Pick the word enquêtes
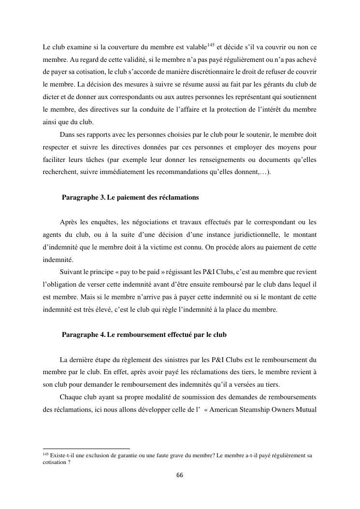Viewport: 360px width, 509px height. click(x=105, y=222)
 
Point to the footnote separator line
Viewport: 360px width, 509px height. click(x=86, y=449)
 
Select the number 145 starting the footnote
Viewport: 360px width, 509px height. click(x=45, y=454)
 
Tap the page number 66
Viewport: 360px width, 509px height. click(x=180, y=476)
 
